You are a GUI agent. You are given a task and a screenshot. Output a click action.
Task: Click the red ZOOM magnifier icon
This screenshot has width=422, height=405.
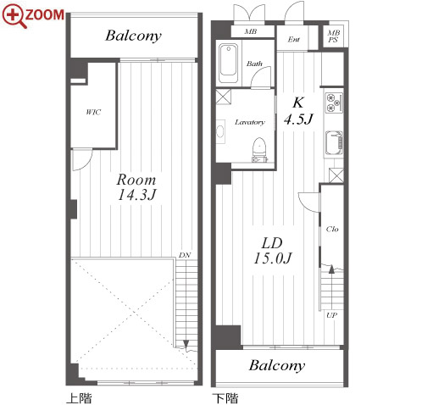click(x=14, y=16)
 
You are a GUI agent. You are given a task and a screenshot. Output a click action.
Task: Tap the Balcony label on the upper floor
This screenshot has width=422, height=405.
click(x=133, y=36)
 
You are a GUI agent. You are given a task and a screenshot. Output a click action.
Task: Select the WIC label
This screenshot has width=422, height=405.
click(x=93, y=112)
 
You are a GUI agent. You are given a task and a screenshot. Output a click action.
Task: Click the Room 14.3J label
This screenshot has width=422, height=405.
click(x=136, y=187)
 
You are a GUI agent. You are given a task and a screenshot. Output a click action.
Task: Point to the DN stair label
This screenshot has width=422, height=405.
click(x=185, y=255)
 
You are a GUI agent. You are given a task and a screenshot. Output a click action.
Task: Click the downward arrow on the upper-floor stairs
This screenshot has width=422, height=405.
click(x=186, y=344)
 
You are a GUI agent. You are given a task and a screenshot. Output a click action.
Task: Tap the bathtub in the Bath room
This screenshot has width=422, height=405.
click(x=229, y=64)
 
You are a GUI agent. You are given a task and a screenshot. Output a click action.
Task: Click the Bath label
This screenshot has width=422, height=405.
click(x=254, y=64)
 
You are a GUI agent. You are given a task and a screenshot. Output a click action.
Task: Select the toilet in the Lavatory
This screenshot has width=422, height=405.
click(x=259, y=150)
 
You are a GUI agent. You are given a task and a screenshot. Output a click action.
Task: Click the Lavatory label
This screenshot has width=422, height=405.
click(x=250, y=122)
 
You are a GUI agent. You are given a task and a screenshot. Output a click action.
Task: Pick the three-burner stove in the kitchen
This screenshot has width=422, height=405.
click(x=334, y=103)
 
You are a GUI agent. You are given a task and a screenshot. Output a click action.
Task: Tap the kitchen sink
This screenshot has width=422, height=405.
click(x=334, y=143)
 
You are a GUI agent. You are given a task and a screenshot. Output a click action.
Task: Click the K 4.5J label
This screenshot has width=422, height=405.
click(x=298, y=111)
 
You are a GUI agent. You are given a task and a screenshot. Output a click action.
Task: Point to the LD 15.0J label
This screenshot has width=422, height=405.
click(x=273, y=251)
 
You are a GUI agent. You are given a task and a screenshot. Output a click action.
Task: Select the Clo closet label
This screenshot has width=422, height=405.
click(x=332, y=229)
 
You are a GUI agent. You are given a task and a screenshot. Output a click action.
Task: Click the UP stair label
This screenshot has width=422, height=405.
click(x=331, y=315)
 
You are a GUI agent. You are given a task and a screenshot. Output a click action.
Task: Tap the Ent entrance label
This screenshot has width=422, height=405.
click(x=293, y=40)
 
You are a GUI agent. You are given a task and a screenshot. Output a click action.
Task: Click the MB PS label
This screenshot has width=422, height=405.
click(x=333, y=36)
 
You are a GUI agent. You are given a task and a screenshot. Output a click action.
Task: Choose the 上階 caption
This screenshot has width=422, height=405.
click(x=79, y=398)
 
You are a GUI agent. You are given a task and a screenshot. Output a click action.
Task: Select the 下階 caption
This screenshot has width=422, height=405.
click(x=225, y=398)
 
